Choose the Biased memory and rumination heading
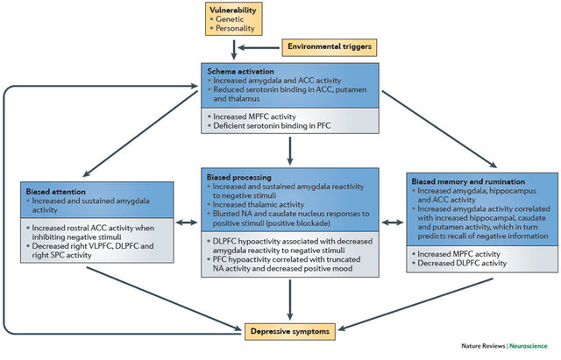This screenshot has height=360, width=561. (465, 178)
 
